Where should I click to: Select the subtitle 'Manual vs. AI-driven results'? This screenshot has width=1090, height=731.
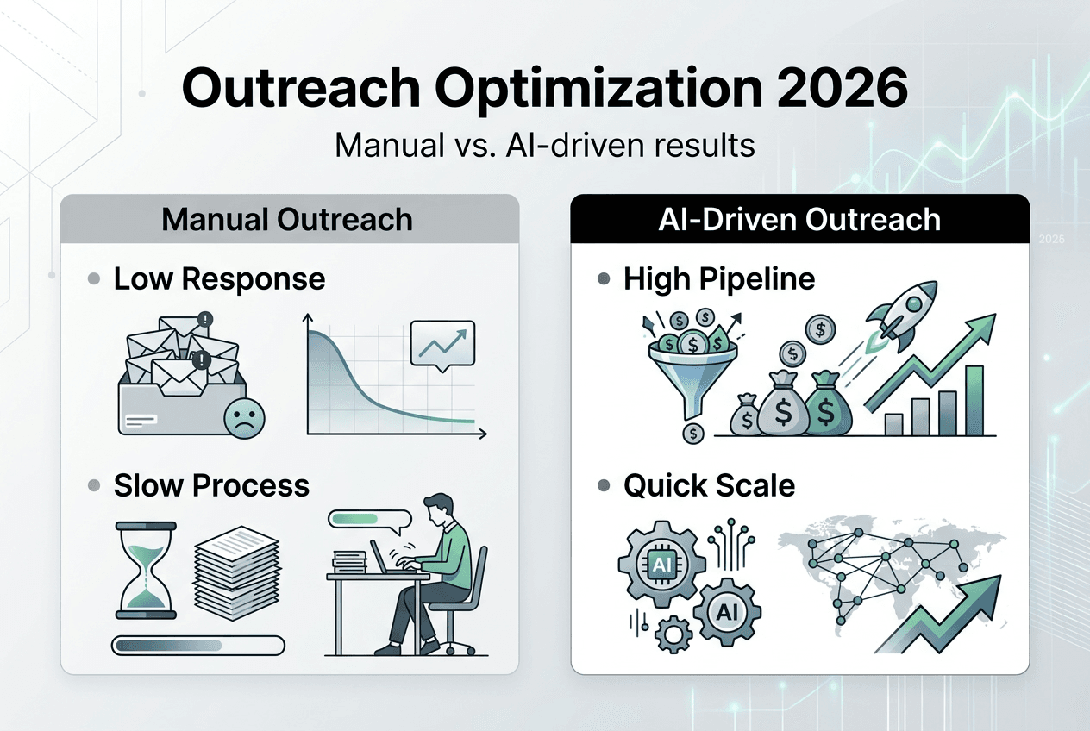[x=544, y=145]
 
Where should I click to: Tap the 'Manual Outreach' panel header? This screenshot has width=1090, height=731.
[x=288, y=219]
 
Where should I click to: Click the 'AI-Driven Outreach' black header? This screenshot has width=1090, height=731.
[x=799, y=219]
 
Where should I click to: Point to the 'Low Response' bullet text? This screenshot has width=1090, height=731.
[x=219, y=278]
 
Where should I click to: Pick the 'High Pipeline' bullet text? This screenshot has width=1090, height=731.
[x=719, y=278]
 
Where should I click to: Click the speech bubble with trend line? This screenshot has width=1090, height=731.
[x=443, y=343]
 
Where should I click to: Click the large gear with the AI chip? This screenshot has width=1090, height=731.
[x=660, y=564]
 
